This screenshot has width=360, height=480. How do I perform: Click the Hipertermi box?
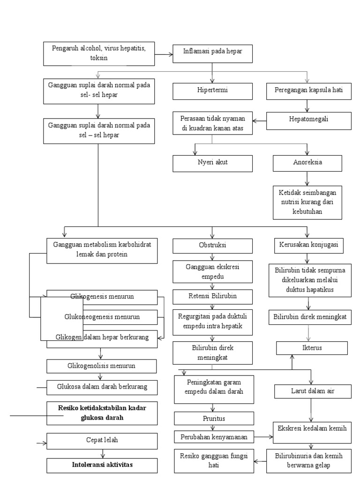212,91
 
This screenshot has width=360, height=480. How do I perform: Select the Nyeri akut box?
212,163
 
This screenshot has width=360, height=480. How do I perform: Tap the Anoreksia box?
307,163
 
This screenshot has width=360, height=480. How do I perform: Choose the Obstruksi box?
212,246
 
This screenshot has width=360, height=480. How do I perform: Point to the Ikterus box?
312,348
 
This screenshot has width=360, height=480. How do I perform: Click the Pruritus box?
214,418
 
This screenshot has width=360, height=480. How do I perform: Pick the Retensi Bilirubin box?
213,297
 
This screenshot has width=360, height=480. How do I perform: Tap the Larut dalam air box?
313,391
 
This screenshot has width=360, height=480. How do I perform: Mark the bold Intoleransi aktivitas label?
102,465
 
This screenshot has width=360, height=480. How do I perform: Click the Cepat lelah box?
102,441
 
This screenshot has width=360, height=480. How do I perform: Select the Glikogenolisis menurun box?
102,365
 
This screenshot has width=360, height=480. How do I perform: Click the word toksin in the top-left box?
99,59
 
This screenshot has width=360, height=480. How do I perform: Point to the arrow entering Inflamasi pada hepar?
164,54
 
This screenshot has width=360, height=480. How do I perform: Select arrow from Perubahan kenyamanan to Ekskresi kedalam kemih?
264,437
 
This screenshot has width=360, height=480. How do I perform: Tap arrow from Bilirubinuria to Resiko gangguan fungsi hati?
260,462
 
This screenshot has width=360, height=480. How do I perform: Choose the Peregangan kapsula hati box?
309,91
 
